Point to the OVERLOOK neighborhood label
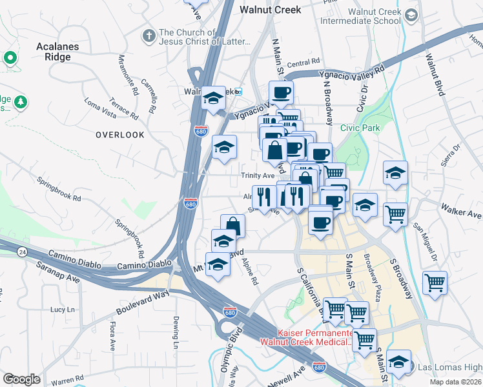pyautogui.click(x=120, y=135)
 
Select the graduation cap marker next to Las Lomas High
pyautogui.click(x=398, y=362)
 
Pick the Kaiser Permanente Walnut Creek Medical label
pyautogui.click(x=308, y=337)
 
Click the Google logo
pyautogui.click(x=21, y=379)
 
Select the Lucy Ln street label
pyautogui.click(x=63, y=310)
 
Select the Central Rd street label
pyautogui.click(x=303, y=63)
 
